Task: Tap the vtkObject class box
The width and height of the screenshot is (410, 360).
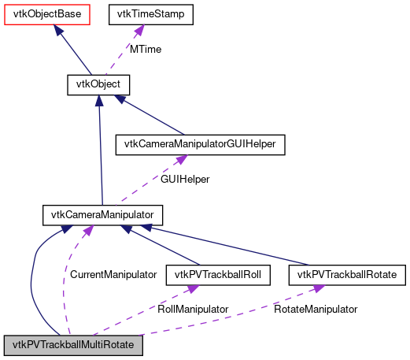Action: (x=98, y=83)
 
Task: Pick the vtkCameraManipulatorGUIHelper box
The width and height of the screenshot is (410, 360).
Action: (x=200, y=144)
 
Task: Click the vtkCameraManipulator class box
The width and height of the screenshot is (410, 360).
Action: (x=102, y=213)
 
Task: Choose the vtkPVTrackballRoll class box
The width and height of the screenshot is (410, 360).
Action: (x=218, y=275)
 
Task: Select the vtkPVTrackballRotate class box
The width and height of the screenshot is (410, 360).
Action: (x=347, y=275)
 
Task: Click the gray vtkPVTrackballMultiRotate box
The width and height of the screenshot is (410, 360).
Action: (x=76, y=345)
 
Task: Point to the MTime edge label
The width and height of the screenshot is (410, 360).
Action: (x=146, y=49)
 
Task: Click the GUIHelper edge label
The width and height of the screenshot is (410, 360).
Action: (x=185, y=180)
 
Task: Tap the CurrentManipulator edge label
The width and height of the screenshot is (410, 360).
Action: (x=113, y=275)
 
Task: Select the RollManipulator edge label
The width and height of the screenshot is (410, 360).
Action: (x=193, y=310)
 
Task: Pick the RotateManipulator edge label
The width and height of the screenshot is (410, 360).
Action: (x=316, y=310)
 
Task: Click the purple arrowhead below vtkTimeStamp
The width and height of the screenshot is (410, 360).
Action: (x=139, y=30)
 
